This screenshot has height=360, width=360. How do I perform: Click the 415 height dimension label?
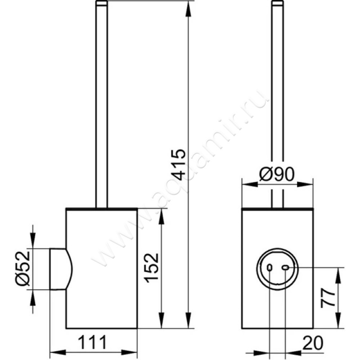coord(179,164)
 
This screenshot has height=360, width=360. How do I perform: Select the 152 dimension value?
coord(152,268)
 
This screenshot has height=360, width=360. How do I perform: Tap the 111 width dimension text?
coord(93,342)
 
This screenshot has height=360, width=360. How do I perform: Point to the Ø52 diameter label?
coord(23,269)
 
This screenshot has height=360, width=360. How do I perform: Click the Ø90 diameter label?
coord(277,174)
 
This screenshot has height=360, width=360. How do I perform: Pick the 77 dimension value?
coord(328,298)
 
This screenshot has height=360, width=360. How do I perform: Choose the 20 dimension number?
coord(313,343)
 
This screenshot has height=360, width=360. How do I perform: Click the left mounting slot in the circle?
coord(270,268)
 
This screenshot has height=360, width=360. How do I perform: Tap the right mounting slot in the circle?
coord(285,267)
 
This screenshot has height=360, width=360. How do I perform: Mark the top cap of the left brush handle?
coord(102,3)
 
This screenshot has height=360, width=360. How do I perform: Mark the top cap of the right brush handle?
coord(278,3)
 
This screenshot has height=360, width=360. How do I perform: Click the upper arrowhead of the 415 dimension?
coord(189,9)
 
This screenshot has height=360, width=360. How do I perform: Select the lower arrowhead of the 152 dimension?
coord(162,320)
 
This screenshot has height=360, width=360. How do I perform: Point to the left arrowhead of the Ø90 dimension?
coord(250,184)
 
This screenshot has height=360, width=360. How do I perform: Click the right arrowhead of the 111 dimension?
coord(129,352)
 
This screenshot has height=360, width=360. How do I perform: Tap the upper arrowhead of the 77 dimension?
coord(338,275)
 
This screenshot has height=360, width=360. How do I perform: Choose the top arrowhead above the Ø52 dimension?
coord(32,240)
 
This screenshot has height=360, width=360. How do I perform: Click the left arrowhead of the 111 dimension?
coord(58,352)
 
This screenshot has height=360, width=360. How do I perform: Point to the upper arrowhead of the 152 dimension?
coord(162,217)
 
